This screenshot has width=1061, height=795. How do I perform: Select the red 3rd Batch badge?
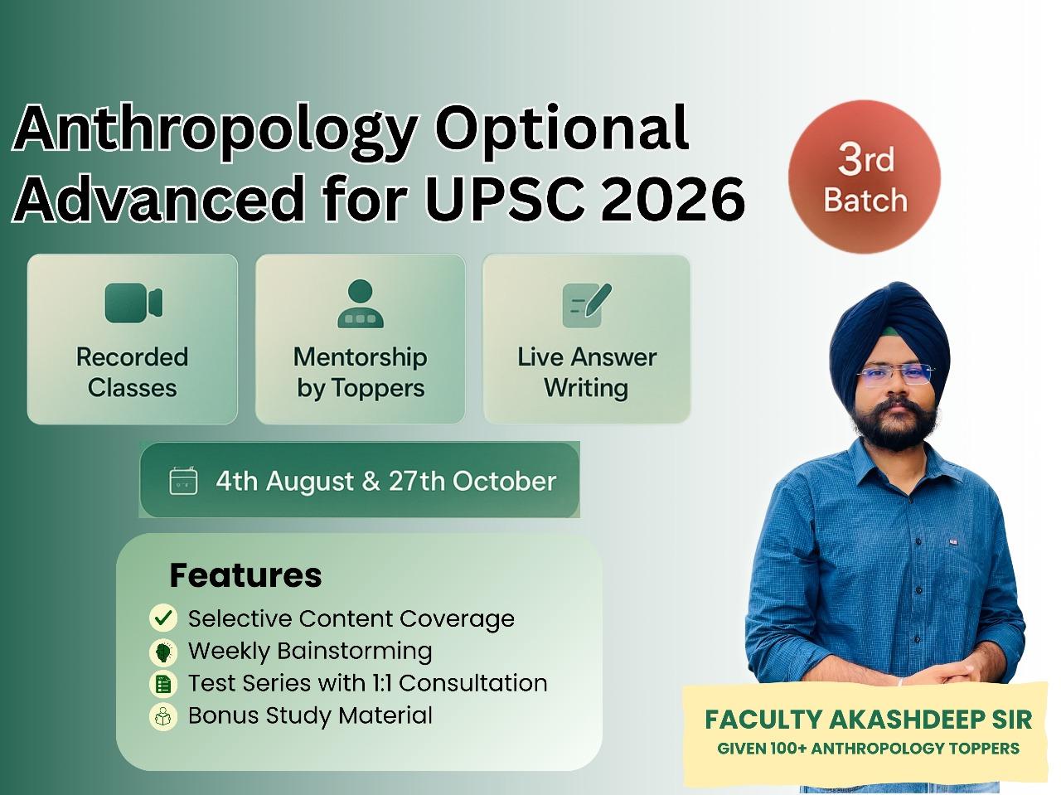[864, 177]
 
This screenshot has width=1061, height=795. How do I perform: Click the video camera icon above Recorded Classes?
[133, 303]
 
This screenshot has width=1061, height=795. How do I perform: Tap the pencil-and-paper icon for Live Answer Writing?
[587, 304]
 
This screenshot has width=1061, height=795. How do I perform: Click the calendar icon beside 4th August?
[183, 481]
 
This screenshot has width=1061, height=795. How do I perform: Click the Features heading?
[245, 575]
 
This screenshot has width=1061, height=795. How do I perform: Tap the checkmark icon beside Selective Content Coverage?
[163, 618]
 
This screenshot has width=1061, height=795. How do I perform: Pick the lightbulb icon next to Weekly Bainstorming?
[163, 652]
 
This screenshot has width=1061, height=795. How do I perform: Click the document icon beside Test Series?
[163, 684]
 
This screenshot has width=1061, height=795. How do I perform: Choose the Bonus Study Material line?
[310, 715]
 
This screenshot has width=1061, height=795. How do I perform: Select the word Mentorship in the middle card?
[361, 357]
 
